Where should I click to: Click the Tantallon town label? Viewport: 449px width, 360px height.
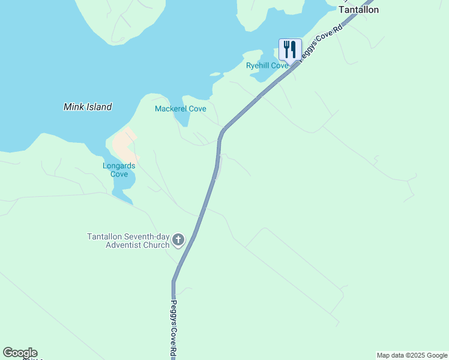point(359,10)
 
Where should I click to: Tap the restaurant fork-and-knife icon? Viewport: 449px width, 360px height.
point(291,49)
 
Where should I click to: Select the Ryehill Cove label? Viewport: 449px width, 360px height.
point(267,65)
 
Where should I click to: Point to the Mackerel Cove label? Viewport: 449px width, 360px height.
point(181,109)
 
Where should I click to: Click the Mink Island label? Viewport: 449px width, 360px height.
point(88,107)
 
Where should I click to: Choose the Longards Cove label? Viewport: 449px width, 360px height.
point(119,170)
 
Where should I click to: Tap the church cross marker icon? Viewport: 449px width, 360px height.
point(178,241)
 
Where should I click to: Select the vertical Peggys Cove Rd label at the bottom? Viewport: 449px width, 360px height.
point(173,327)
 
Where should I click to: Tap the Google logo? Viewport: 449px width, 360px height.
point(20,353)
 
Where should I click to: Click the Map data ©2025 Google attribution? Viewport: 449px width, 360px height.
point(412,355)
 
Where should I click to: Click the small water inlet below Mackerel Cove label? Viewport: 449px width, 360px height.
point(181,119)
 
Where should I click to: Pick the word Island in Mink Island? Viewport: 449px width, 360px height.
point(100,107)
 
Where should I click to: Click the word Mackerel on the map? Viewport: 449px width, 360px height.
point(171,109)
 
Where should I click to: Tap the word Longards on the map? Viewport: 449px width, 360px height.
point(119,166)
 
